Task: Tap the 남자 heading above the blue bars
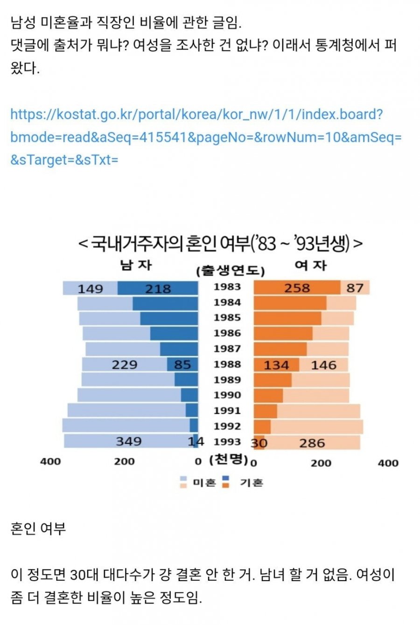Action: pyautogui.click(x=136, y=266)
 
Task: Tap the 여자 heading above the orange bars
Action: pyautogui.click(x=310, y=266)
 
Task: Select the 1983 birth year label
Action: pyautogui.click(x=227, y=287)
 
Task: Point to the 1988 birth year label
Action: pyautogui.click(x=227, y=364)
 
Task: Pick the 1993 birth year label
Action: pyautogui.click(x=227, y=442)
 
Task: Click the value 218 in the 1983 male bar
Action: pyautogui.click(x=158, y=289)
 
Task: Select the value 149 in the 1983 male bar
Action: pyautogui.click(x=90, y=289)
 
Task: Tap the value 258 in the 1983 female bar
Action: pyautogui.click(x=297, y=288)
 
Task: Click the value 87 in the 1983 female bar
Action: pyautogui.click(x=355, y=288)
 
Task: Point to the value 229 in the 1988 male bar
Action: pyautogui.click(x=124, y=365)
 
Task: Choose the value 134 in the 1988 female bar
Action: pyautogui.click(x=276, y=365)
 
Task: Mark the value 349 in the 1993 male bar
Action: pyautogui.click(x=128, y=441)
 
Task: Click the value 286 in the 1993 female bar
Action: pyautogui.click(x=312, y=442)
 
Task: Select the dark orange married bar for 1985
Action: pyautogui.click(x=287, y=318)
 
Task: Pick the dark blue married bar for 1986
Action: pyautogui.click(x=174, y=333)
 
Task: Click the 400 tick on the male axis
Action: pyautogui.click(x=50, y=462)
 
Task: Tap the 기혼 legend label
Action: pyautogui.click(x=252, y=483)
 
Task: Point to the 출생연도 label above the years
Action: pyautogui.click(x=230, y=271)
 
